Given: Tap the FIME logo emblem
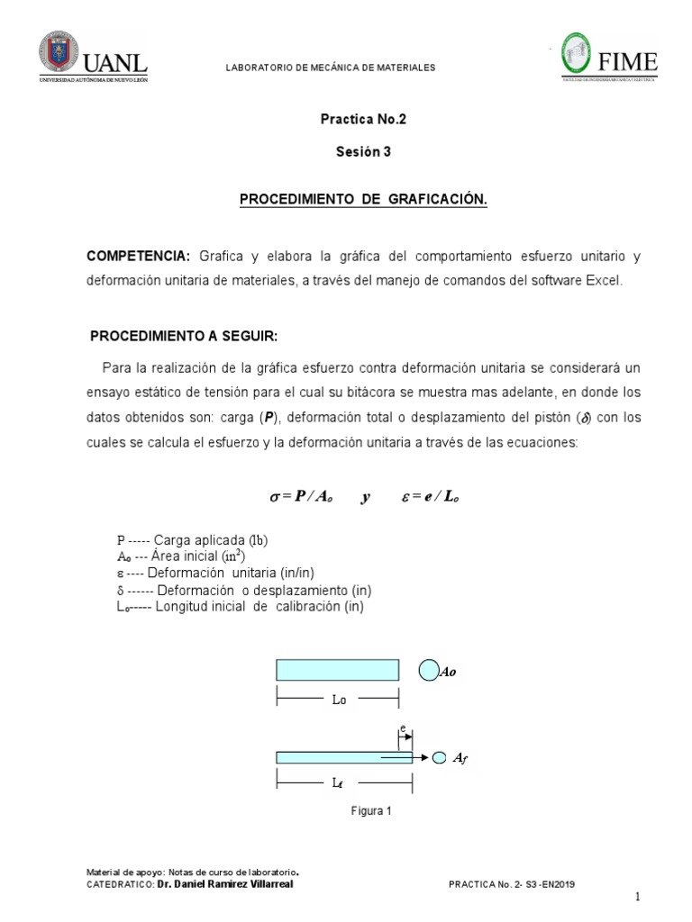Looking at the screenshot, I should [x=582, y=56].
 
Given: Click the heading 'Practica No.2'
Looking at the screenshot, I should [x=359, y=118].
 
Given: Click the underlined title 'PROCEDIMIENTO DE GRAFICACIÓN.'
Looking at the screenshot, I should [x=363, y=200].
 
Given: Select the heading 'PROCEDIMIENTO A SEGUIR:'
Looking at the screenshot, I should [x=184, y=336].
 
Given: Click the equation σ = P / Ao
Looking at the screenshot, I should [x=302, y=497].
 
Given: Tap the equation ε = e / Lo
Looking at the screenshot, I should [x=431, y=497].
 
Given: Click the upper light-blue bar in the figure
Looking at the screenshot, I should [x=337, y=670].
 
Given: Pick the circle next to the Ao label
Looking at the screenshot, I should [x=428, y=671].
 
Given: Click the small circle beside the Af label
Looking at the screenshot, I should [x=439, y=757].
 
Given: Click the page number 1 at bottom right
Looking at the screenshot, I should [x=636, y=897].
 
